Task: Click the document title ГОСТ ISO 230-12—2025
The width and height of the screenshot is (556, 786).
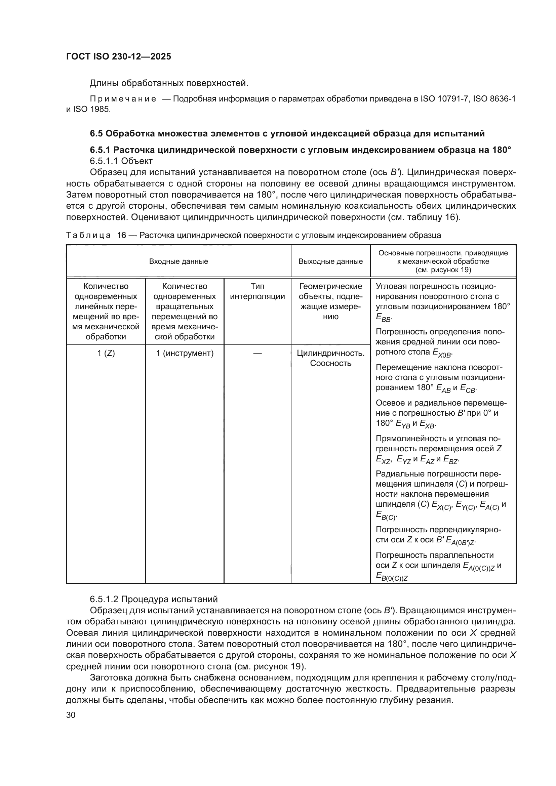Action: point(118,56)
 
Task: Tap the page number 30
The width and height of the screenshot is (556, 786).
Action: point(71,715)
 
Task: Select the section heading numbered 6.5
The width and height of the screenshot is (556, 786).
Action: point(287,133)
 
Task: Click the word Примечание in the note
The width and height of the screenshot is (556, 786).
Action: point(123,99)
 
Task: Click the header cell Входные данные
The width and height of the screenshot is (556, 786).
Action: point(178,261)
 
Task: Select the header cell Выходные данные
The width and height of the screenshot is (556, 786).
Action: point(330,261)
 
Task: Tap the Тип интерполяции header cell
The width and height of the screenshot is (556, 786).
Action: point(257,291)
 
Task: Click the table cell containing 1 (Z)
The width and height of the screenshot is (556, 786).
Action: point(106,353)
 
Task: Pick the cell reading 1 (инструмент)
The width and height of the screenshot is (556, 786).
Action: point(185,353)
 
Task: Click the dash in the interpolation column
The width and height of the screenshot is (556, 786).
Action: point(257,353)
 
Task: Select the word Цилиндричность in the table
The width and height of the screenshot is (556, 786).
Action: point(330,353)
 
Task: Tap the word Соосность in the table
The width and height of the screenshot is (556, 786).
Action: point(330,363)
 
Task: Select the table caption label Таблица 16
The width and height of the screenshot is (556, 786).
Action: point(96,235)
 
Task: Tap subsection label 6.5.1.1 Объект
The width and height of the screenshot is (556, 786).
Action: point(121,161)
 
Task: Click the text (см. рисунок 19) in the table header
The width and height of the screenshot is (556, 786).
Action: point(443,270)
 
